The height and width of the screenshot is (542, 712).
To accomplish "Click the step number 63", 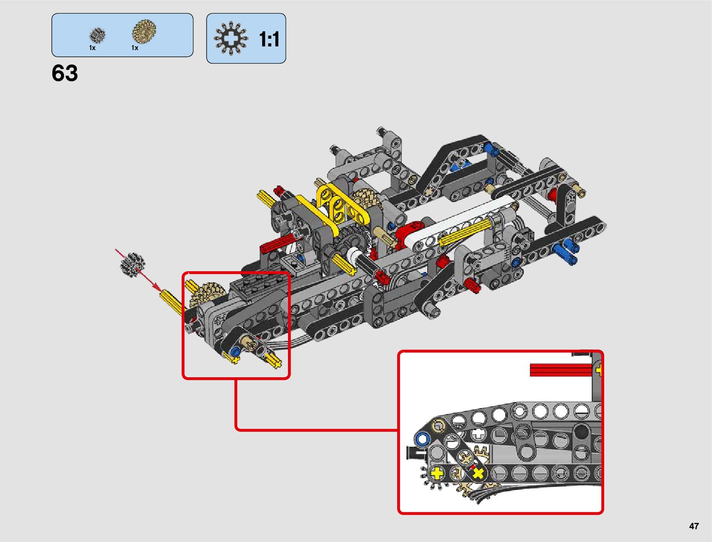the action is point(65,73).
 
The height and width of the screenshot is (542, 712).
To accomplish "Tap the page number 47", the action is point(694,526).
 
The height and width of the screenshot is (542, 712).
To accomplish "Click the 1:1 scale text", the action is point(269,40).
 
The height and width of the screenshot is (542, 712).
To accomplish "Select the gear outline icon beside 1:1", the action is point(231,38).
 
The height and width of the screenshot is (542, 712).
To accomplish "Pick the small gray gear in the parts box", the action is point(97,35).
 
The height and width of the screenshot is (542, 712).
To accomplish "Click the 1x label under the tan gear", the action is point(135,48).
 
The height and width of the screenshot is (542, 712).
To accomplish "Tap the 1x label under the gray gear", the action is point(92,48).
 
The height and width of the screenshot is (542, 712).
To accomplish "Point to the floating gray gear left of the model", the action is point(132,265).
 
